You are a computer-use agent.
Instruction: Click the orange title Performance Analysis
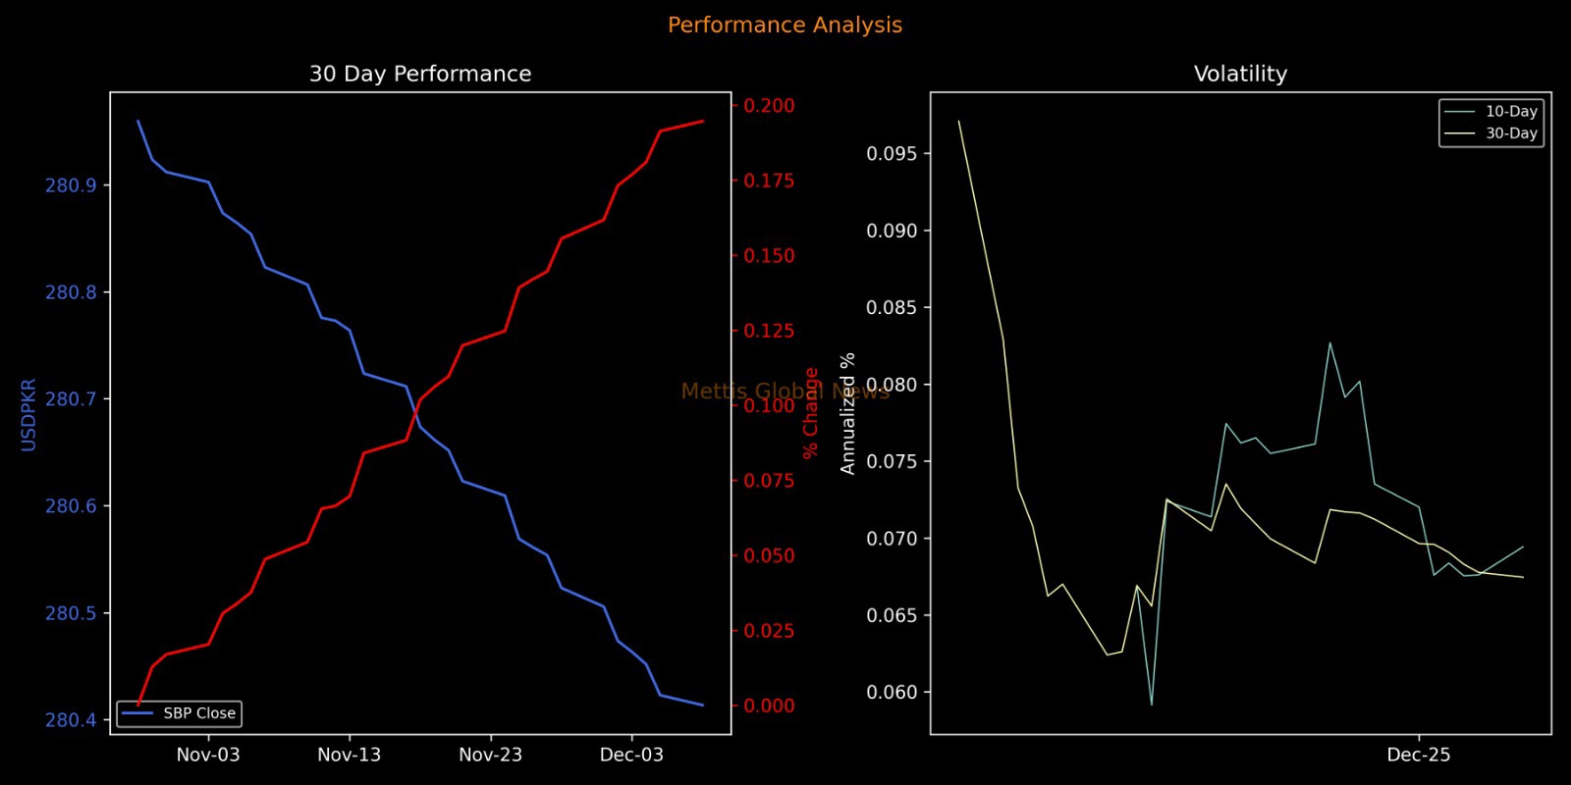[785, 26]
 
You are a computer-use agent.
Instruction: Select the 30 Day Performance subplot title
[420, 74]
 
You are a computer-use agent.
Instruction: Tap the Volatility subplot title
[1240, 74]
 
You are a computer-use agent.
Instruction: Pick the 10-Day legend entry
[1511, 112]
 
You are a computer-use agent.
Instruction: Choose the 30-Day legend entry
[1511, 133]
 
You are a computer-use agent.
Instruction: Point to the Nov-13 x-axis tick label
[349, 755]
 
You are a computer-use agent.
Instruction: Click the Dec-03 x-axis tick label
[631, 755]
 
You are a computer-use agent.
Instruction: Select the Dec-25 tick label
[1419, 755]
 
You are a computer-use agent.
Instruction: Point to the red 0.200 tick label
[769, 106]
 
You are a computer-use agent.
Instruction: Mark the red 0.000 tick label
[769, 706]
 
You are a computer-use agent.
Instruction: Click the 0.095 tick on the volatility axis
[892, 154]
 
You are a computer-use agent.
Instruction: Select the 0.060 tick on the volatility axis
[892, 693]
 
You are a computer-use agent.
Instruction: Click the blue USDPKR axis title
[28, 414]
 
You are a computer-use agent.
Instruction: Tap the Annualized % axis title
[848, 413]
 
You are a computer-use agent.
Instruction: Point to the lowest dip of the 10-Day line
[1152, 705]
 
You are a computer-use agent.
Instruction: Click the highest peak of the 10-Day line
[1330, 342]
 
